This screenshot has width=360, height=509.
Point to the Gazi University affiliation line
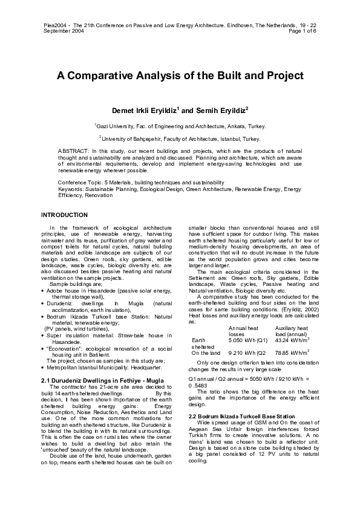180,126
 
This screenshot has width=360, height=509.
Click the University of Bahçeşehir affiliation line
180,138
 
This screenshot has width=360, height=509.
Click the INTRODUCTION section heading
64,215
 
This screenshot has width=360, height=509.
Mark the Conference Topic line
140,182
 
